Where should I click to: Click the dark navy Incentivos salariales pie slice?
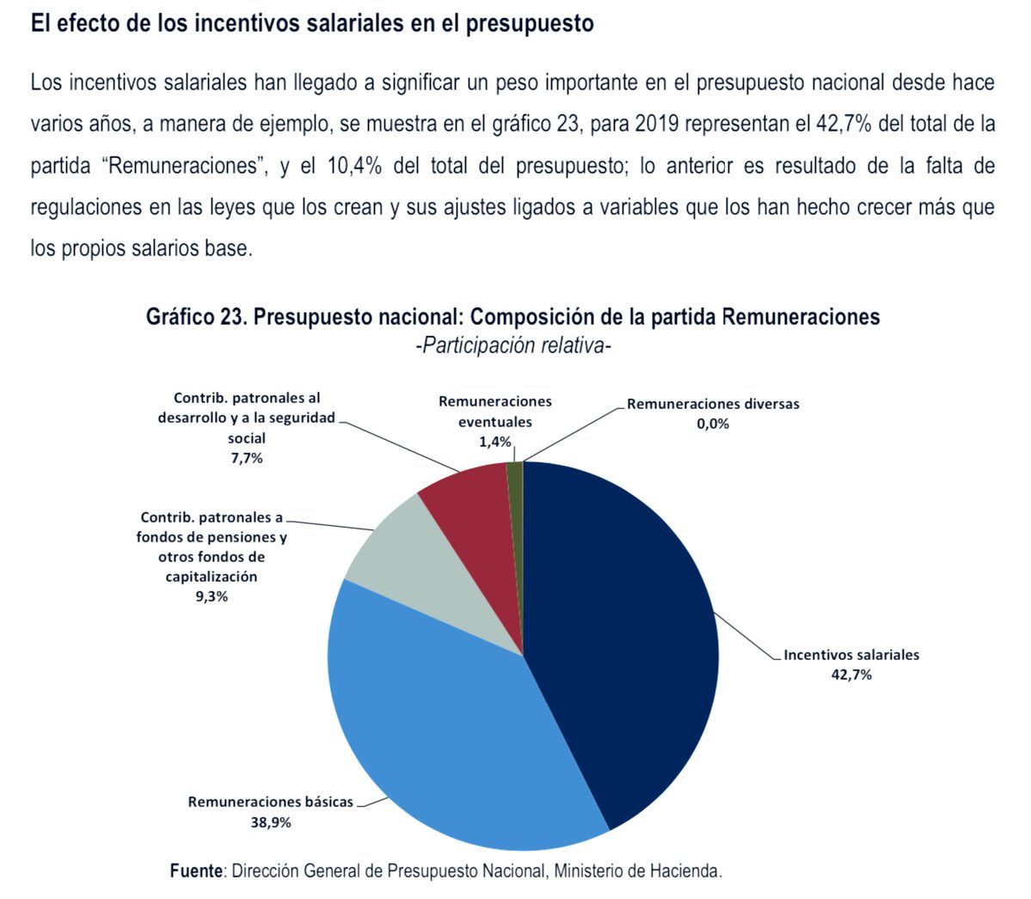tap(624, 644)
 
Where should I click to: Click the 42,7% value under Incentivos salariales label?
tap(851, 675)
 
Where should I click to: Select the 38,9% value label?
tap(270, 823)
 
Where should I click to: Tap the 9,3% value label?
tap(212, 596)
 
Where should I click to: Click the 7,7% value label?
tap(247, 459)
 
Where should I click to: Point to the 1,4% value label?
tap(494, 443)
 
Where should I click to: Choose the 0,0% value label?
tap(713, 424)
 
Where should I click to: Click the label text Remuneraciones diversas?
tap(713, 403)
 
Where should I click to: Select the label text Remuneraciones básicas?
tap(270, 802)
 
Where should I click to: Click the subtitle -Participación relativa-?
tap(512, 345)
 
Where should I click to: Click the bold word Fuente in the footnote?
tap(197, 871)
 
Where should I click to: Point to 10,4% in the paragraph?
tap(354, 166)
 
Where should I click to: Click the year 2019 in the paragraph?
tap(658, 125)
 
